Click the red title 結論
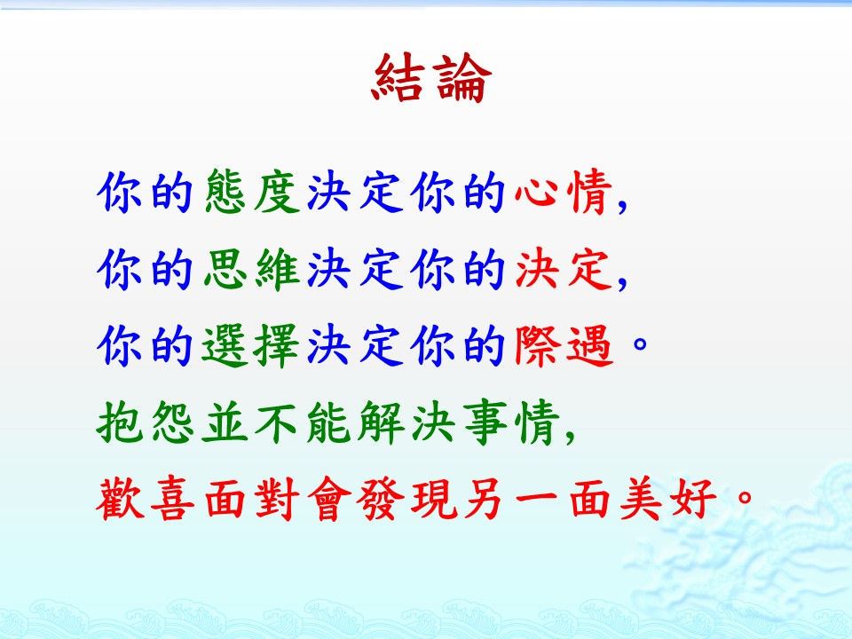point(432,78)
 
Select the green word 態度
point(253,192)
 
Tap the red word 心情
point(564,192)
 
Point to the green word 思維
point(253,268)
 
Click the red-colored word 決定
point(564,268)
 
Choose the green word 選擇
point(251,345)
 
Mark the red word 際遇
point(564,345)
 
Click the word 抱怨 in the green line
point(146,422)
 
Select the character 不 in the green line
point(277,422)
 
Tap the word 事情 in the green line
point(512,422)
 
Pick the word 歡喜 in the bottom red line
point(146,499)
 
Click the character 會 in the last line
point(329,499)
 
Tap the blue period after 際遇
point(641,343)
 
